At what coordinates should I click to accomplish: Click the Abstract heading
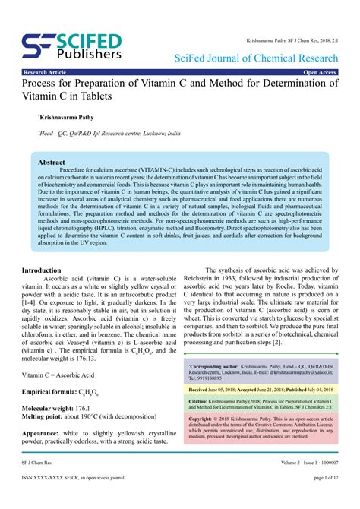(51, 163)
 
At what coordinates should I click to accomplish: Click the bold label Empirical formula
(49, 391)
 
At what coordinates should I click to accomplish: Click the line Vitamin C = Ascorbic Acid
(65, 375)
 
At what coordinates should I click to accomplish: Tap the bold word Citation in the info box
(198, 400)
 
